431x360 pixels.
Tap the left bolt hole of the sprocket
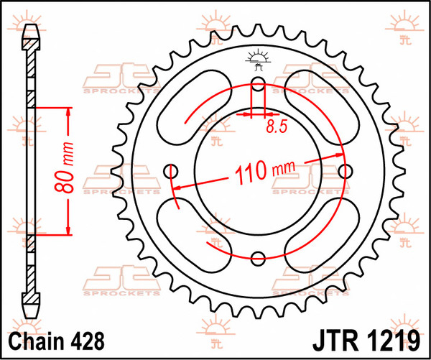pyautogui.click(x=171, y=170)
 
